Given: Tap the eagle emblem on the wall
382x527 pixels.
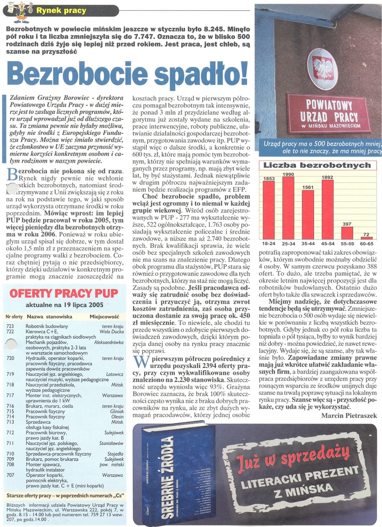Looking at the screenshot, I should (x=323, y=67).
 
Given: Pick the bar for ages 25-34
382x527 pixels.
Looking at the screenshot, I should (x=288, y=208).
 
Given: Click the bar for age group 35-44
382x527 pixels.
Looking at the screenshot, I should (x=307, y=215).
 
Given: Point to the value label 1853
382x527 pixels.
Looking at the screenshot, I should (x=269, y=178).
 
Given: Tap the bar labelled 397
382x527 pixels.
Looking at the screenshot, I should (x=346, y=233).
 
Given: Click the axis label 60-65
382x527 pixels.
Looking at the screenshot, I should (x=366, y=243).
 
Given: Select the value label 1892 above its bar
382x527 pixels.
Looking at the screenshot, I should (x=327, y=177).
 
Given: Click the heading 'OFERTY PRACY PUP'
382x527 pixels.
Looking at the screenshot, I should (x=64, y=294).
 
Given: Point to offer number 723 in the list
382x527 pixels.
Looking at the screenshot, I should (x=10, y=326).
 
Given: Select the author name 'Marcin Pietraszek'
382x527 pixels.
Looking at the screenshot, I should (x=349, y=415).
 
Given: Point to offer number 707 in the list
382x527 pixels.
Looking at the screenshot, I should (x=10, y=475).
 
